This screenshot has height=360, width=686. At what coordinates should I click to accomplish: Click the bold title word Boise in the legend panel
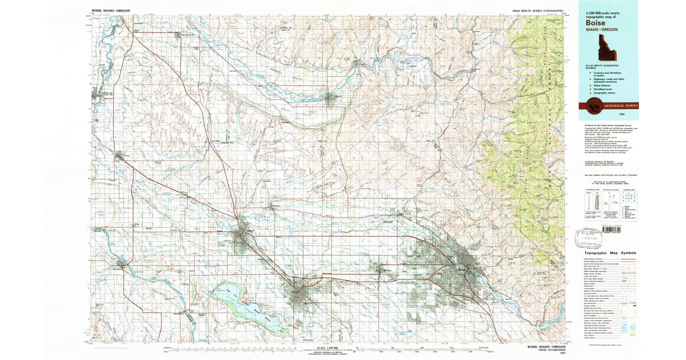[x=593, y=22]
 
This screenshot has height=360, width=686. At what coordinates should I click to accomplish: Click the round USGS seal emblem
[x=589, y=105]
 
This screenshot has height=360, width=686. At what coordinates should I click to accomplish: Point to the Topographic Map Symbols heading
[x=610, y=252]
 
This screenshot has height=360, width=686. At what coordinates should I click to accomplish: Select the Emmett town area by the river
[x=330, y=99]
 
